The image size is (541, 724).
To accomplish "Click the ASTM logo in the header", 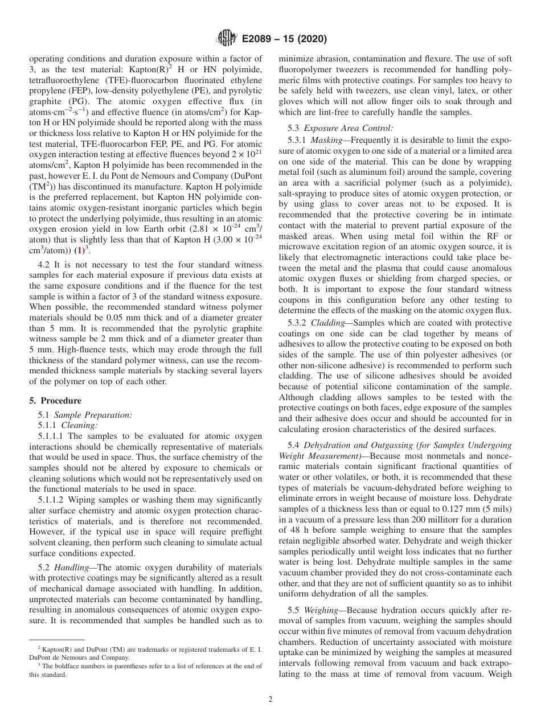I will [226, 39].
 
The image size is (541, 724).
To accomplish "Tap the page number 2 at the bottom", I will [270, 700].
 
